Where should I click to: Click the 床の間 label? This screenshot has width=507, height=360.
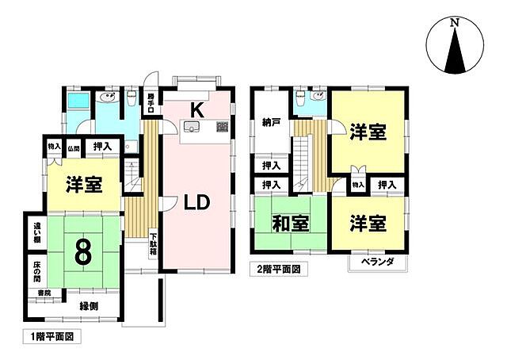[36, 271]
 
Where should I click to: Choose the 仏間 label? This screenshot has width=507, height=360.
[73, 147]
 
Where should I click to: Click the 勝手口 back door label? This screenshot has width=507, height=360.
[151, 105]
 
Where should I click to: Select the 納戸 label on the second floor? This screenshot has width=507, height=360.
[272, 123]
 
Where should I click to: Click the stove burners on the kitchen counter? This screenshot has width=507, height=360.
[222, 127]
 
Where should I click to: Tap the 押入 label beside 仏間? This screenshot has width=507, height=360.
[101, 147]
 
